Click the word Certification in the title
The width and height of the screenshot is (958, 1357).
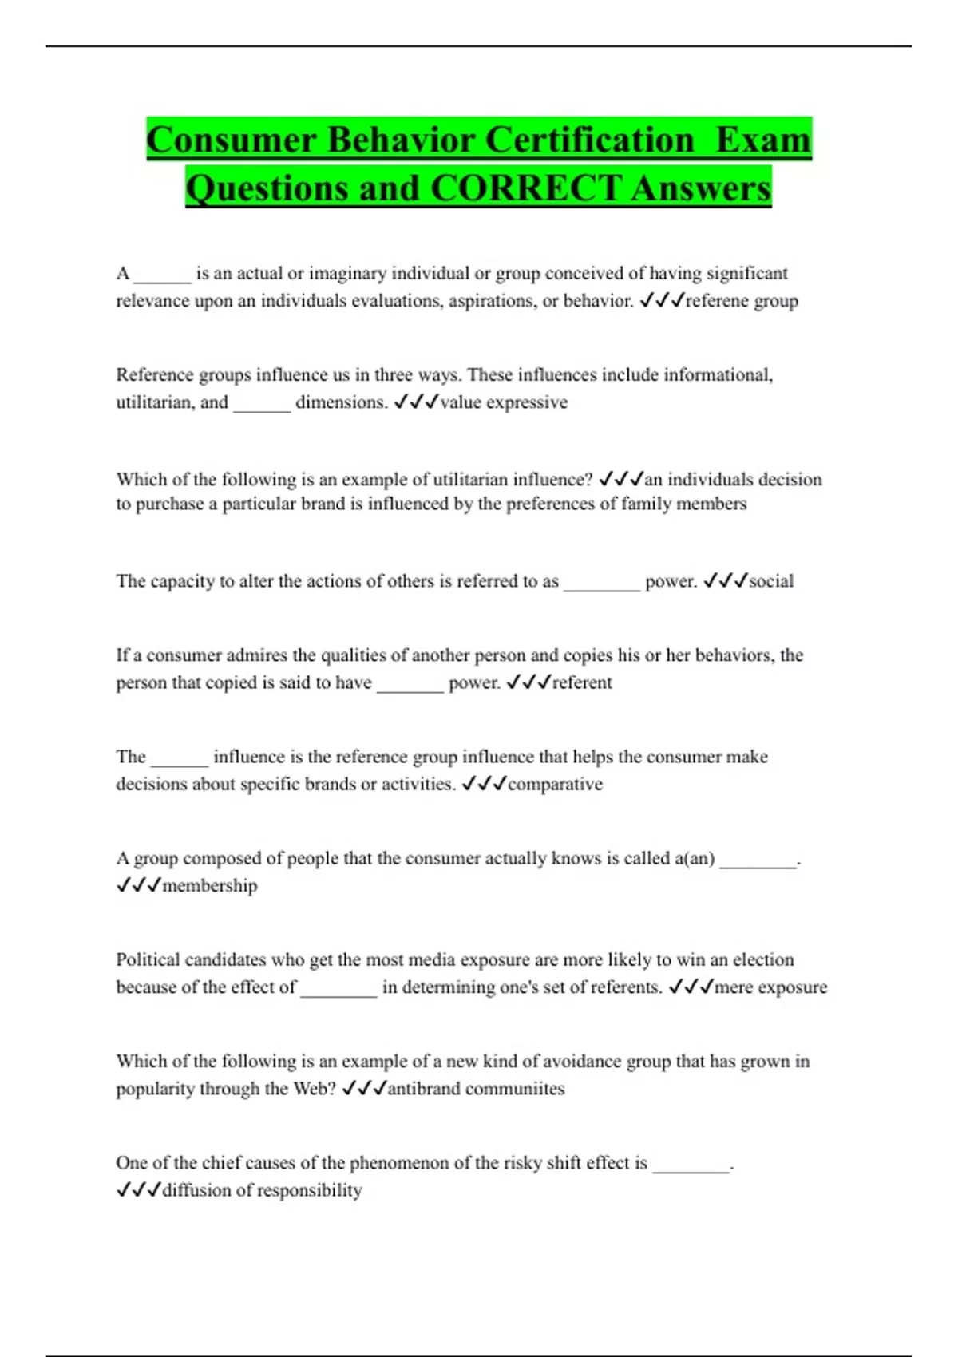590,140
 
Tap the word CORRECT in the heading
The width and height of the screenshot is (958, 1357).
525,188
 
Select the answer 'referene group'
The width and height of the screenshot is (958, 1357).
742,301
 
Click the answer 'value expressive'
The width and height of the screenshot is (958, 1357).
504,402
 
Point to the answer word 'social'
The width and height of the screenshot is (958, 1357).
771,581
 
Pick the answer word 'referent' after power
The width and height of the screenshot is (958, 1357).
582,682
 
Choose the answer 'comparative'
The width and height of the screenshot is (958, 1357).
555,784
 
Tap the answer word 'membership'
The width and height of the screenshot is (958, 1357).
210,885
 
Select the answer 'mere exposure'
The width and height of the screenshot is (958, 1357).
770,987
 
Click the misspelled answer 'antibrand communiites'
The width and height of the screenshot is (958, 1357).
476,1089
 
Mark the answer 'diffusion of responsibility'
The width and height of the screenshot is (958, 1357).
262,1190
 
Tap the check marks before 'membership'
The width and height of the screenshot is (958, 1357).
139,885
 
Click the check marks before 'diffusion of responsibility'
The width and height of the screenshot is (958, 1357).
139,1190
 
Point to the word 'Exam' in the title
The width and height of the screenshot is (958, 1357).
763,140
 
